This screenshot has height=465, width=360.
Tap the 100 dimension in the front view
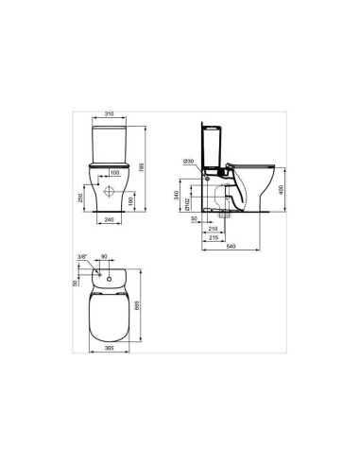(x=114, y=173)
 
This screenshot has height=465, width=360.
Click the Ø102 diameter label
(x=189, y=203)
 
